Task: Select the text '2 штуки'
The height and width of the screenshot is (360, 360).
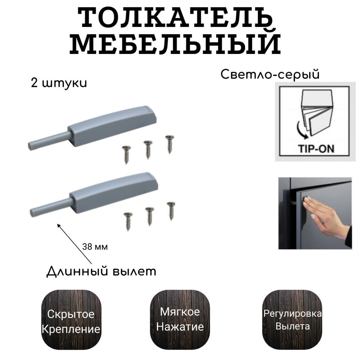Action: click(x=59, y=83)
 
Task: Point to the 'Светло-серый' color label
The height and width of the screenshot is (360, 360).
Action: click(x=270, y=75)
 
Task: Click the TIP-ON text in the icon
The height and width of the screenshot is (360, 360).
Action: click(x=316, y=149)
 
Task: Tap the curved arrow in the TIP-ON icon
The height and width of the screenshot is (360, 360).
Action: click(x=301, y=131)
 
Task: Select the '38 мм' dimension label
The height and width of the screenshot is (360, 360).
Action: click(x=95, y=247)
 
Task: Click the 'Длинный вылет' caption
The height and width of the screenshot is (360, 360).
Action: click(x=101, y=271)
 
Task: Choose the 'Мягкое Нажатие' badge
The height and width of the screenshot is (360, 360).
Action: click(x=180, y=319)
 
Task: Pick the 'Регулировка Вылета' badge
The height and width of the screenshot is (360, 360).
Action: click(x=292, y=319)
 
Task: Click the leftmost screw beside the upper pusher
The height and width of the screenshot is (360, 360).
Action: click(x=126, y=155)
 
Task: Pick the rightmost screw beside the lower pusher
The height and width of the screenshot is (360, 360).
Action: click(x=171, y=211)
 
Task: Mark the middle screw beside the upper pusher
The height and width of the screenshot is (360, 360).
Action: click(x=148, y=149)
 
